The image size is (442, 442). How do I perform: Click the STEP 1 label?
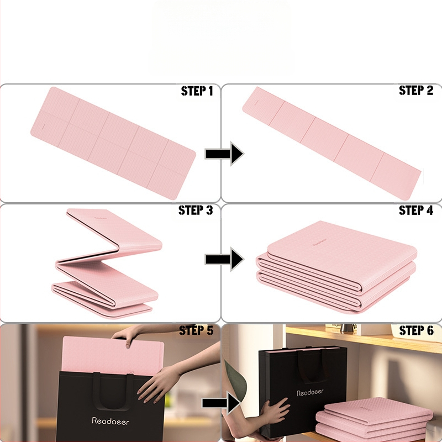(197, 91)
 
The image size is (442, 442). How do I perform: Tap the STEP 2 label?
(416, 91)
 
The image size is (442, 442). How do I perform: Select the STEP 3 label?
(196, 211)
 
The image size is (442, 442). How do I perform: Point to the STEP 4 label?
(416, 211)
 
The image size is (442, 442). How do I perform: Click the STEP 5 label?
(196, 330)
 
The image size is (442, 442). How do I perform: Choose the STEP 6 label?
(416, 330)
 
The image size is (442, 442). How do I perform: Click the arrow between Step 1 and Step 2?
(224, 154)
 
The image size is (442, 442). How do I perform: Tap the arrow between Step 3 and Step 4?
(224, 259)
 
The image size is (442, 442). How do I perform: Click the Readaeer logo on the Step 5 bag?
(110, 421)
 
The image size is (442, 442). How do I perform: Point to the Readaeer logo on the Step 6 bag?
(310, 392)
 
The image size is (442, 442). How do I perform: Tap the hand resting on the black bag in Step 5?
(159, 385)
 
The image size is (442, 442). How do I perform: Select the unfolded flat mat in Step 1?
(113, 143)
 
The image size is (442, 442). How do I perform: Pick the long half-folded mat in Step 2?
(331, 143)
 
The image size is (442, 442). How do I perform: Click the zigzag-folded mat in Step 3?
(107, 264)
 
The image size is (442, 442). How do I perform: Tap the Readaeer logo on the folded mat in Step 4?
(319, 243)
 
